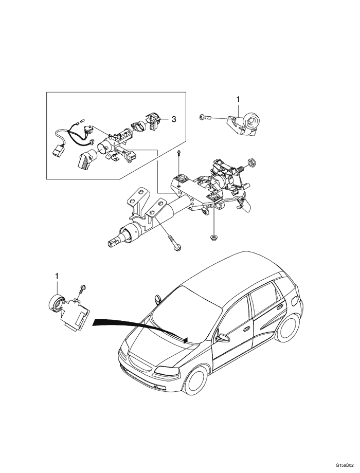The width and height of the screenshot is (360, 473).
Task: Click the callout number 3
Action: click(x=174, y=119)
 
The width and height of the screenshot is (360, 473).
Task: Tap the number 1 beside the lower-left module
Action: click(x=57, y=277)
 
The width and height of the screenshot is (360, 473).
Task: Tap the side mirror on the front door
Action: click(x=223, y=338)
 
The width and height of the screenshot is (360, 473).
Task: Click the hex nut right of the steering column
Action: click(x=252, y=163)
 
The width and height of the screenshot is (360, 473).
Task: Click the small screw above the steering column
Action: click(x=177, y=152)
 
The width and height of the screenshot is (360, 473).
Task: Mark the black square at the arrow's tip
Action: click(x=185, y=339)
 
